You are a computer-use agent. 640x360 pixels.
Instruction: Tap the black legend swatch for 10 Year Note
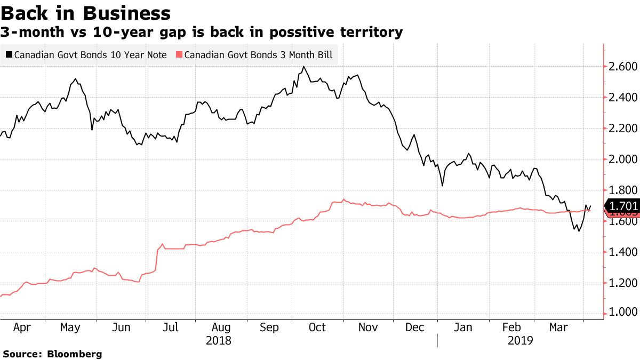9,55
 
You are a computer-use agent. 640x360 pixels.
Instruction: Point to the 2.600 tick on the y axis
623,67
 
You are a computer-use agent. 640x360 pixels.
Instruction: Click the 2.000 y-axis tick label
623,159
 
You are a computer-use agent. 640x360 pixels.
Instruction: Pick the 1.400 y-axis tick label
623,252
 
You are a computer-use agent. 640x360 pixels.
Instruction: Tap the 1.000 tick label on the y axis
623,313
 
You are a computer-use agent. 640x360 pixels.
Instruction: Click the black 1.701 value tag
622,206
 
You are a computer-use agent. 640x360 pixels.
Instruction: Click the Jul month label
170,327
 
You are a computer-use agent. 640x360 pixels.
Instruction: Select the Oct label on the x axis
317,327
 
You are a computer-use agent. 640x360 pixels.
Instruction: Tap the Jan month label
462,327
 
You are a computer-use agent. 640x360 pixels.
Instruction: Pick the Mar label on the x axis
558,327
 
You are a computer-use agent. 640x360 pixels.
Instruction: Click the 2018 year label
218,340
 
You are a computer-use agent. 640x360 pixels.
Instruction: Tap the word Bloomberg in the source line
75,354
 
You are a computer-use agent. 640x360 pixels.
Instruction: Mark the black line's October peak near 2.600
303,67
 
